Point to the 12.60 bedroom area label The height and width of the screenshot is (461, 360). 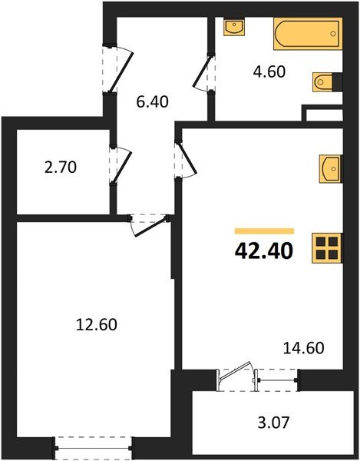pyautogui.click(x=92, y=323)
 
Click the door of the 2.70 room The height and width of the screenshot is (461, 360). pyautogui.click(x=116, y=164)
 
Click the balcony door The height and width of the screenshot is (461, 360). pyautogui.click(x=236, y=379)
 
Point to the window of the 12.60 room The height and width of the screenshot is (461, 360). pyautogui.click(x=93, y=444)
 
